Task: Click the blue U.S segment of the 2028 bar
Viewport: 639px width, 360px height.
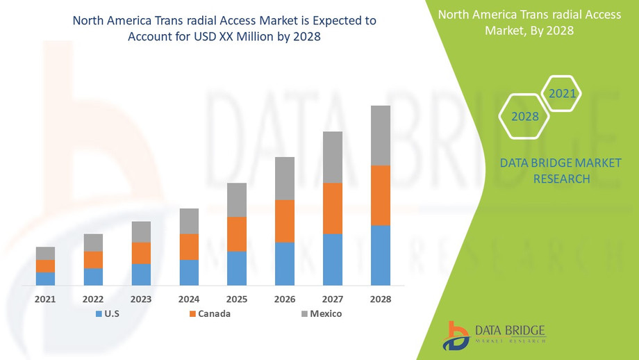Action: point(380,255)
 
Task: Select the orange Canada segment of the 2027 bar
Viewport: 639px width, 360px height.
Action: point(332,208)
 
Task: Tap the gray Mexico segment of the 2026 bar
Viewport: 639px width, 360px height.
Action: point(285,179)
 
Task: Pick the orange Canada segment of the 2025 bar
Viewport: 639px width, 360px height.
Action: point(237,234)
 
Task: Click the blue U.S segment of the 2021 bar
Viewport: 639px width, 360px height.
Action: point(45,278)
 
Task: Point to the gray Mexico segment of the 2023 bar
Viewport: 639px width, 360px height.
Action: point(141,232)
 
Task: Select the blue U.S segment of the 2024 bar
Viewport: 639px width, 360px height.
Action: point(189,272)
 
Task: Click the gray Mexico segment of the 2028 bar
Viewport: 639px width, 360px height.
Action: point(380,136)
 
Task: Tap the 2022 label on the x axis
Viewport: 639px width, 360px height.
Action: point(93,299)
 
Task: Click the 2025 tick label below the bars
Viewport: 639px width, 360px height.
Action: point(237,299)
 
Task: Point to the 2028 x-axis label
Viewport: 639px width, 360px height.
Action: point(380,299)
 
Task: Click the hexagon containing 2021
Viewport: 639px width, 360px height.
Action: point(561,93)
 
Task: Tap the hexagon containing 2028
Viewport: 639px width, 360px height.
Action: point(525,117)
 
